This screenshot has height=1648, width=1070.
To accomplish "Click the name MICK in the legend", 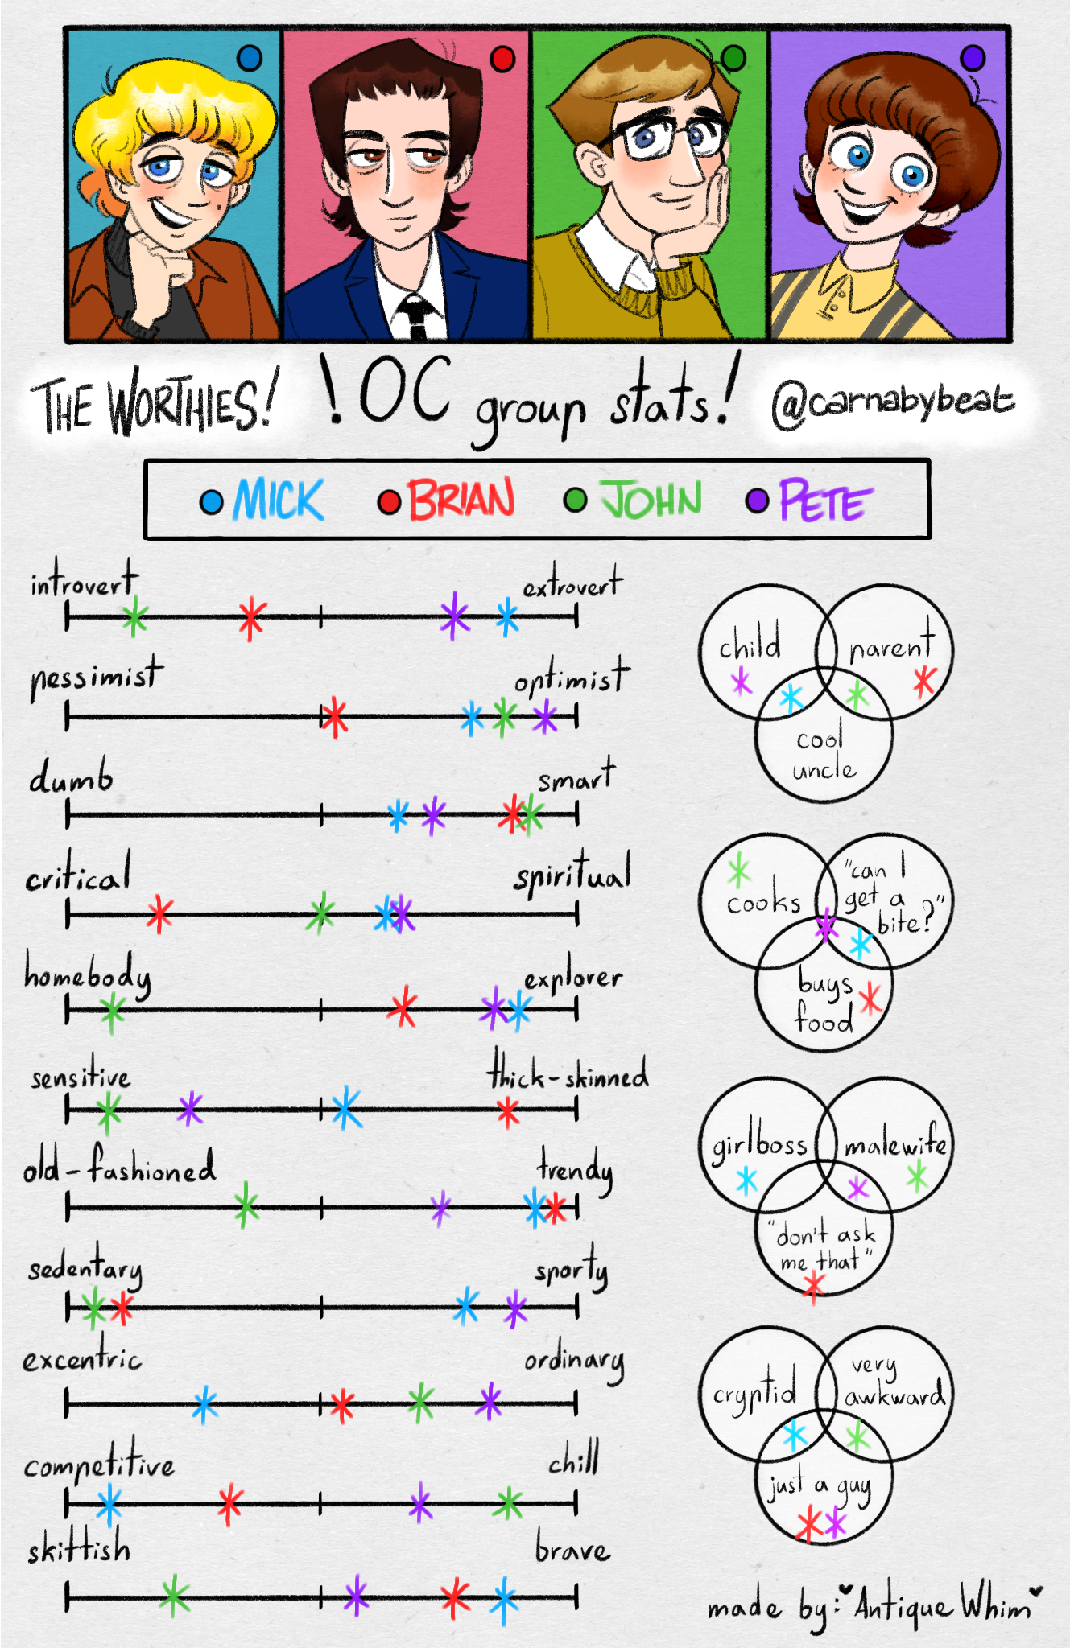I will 279,500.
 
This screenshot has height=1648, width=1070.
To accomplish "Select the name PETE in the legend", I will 825,501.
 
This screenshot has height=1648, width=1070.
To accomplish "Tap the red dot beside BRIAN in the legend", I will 390,501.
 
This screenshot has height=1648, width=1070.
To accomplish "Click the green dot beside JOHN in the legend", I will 575,500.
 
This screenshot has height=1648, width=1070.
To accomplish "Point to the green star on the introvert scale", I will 134,617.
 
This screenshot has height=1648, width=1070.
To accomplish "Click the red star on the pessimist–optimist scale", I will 333,716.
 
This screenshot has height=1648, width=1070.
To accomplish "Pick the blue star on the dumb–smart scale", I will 398,815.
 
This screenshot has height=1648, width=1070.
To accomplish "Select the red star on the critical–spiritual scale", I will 159,913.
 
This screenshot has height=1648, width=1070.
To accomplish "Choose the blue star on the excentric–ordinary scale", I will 205,1404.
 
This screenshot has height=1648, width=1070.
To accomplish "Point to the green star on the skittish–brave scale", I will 175,1596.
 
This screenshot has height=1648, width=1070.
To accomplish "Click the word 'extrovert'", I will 572,584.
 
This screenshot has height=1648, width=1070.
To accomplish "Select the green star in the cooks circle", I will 738,871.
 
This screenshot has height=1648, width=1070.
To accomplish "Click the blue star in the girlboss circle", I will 747,1181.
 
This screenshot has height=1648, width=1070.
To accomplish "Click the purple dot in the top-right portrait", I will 973,58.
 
